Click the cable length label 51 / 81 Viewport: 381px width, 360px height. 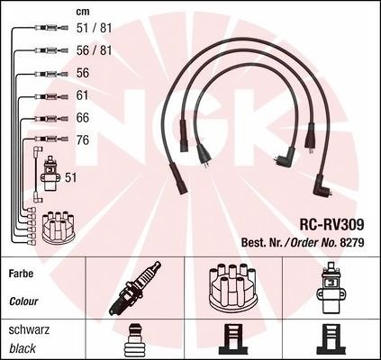click(94, 28)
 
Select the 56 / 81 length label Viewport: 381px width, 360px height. click(94, 50)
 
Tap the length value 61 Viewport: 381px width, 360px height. click(82, 95)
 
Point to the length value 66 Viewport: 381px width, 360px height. click(83, 118)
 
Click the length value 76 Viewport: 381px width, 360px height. click(83, 140)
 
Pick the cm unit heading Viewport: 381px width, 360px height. click(83, 12)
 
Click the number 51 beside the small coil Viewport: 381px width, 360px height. click(71, 177)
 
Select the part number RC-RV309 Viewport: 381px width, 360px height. click(331, 224)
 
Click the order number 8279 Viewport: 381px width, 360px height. click(352, 242)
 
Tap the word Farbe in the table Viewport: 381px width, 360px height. click(21, 274)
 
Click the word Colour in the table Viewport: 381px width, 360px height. click(23, 301)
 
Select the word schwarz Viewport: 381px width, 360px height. click(29, 329)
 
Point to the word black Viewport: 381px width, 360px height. click(23, 348)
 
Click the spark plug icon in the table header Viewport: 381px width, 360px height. click(135, 288)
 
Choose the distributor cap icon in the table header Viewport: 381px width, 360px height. click(232, 287)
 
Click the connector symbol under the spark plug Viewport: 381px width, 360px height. click(134, 341)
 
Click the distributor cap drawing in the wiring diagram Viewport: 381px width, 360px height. click(59, 228)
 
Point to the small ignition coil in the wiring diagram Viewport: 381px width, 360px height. click(50, 174)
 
